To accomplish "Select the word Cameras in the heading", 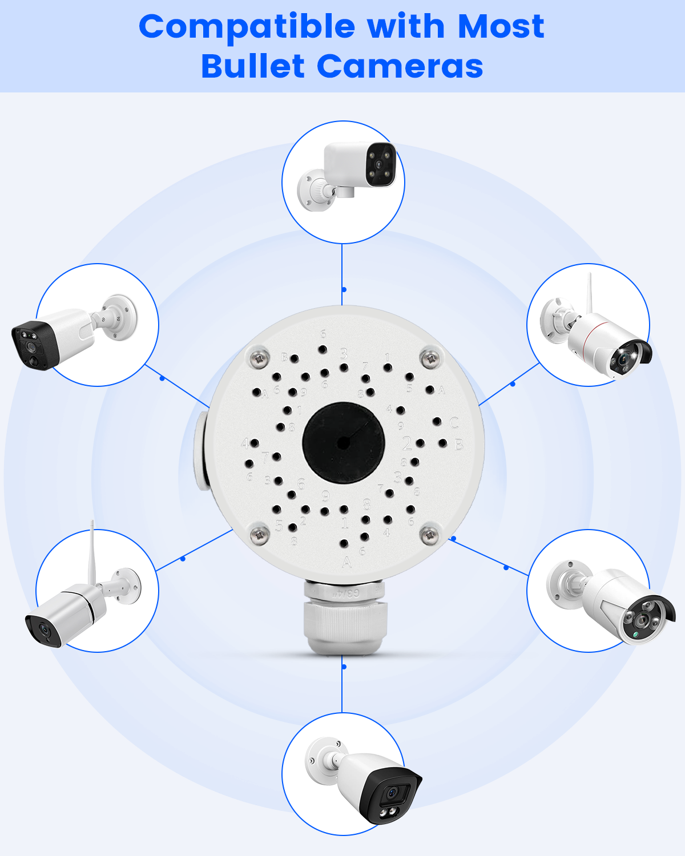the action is tap(400, 66).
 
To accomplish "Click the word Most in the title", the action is tap(501, 27).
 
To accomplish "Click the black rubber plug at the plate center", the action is tap(344, 443).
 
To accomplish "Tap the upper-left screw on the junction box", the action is tap(260, 359).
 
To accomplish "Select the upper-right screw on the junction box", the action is tap(430, 359).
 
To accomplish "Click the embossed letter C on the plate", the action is tap(454, 423).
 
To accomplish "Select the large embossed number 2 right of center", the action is tap(407, 443).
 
